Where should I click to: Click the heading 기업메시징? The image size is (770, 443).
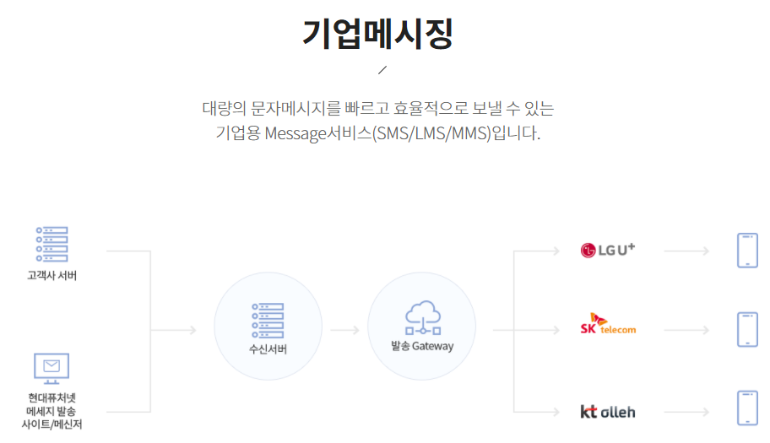coord(377,33)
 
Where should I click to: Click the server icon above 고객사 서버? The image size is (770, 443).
coord(52,244)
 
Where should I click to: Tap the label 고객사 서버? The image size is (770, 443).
coord(52,275)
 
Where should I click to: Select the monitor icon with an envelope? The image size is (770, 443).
coord(52,367)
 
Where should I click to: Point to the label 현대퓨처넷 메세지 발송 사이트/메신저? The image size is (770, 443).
coord(52,410)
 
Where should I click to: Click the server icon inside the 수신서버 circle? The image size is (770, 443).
coord(268,320)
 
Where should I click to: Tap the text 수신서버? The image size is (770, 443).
coord(268,349)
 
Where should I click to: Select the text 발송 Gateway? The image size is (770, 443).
coord(421,346)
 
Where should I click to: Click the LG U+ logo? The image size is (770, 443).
coord(607,250)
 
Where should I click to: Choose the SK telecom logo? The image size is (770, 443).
coord(607,325)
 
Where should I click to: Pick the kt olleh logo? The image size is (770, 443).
coord(607,412)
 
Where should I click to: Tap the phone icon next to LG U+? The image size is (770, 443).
coord(747,251)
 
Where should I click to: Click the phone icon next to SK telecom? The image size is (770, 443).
coord(747,330)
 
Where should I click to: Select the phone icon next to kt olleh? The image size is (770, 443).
coord(747,408)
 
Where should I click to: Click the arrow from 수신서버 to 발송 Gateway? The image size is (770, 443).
coord(344,329)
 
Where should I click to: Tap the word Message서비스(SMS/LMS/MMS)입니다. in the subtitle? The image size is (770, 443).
coord(402,133)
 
